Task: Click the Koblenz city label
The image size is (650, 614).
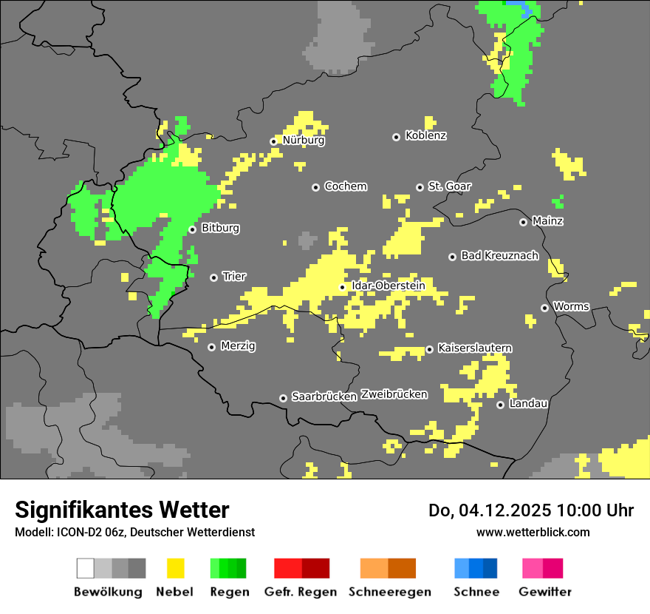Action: [425, 136]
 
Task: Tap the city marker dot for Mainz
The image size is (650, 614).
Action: [523, 222]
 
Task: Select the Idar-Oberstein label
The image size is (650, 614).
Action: [389, 286]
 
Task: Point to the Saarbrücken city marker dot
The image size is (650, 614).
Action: [283, 398]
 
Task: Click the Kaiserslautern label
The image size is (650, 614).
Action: [474, 348]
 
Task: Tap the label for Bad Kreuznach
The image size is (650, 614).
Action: [499, 256]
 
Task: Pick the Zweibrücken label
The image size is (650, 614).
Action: [394, 395]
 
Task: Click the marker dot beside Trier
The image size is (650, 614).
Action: [213, 277]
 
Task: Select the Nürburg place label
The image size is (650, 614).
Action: [303, 141]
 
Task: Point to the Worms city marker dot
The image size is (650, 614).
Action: [544, 308]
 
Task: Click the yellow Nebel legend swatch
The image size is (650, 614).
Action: [175, 568]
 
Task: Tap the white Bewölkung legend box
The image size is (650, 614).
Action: [86, 568]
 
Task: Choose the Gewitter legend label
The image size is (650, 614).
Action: [545, 592]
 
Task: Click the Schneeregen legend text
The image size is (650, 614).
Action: [390, 592]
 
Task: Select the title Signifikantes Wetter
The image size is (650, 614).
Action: [122, 510]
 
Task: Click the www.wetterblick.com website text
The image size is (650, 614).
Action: [533, 532]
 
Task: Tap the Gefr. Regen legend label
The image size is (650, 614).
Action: [300, 592]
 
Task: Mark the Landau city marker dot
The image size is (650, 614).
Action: [500, 405]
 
